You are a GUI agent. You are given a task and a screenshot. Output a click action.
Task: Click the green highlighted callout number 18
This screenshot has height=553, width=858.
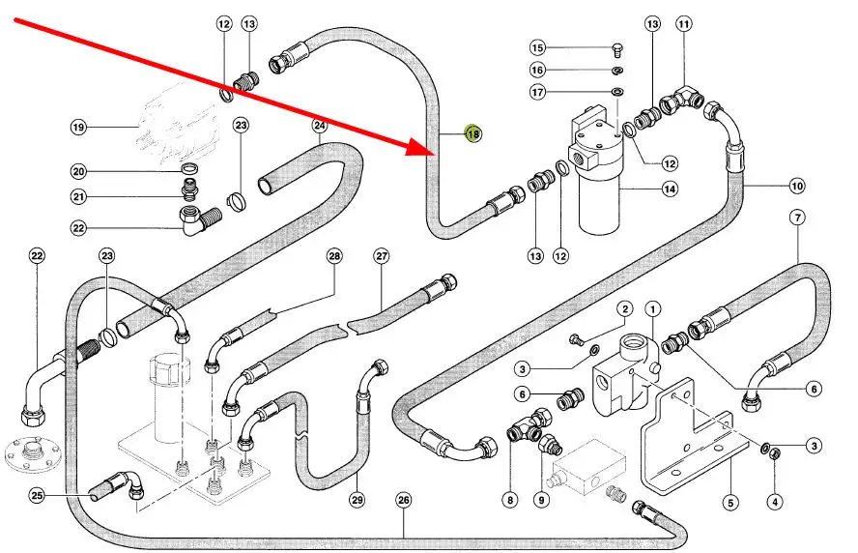click(473, 134)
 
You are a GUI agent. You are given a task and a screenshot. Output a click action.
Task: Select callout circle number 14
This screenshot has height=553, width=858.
click(669, 189)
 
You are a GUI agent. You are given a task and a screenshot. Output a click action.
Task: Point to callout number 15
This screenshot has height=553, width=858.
click(538, 47)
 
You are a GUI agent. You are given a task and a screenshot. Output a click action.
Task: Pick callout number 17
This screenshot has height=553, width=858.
click(538, 92)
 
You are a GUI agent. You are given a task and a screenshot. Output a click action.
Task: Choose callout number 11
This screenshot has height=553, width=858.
click(684, 23)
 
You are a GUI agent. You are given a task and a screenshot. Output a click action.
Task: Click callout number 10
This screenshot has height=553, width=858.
click(797, 186)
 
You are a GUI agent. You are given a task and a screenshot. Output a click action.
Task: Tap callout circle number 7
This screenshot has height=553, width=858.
click(798, 217)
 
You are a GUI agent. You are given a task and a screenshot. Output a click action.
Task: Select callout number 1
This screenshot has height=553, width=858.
click(653, 309)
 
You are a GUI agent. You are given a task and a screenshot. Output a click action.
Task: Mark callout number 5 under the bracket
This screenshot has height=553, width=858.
click(730, 502)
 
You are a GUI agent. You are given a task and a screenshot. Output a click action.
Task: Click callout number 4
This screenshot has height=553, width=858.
click(774, 502)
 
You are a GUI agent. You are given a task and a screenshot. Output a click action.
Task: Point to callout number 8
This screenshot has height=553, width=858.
click(509, 500)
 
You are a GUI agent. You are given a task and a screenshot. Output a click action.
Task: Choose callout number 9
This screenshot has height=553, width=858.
click(540, 500)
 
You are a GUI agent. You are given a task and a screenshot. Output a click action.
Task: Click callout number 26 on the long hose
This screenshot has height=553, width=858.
click(404, 500)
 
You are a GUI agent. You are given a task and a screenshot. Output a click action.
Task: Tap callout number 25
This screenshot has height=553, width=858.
click(37, 496)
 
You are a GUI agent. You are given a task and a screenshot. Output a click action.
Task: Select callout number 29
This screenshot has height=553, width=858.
click(357, 500)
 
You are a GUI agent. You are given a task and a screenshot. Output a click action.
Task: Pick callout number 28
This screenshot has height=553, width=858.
click(334, 256)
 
